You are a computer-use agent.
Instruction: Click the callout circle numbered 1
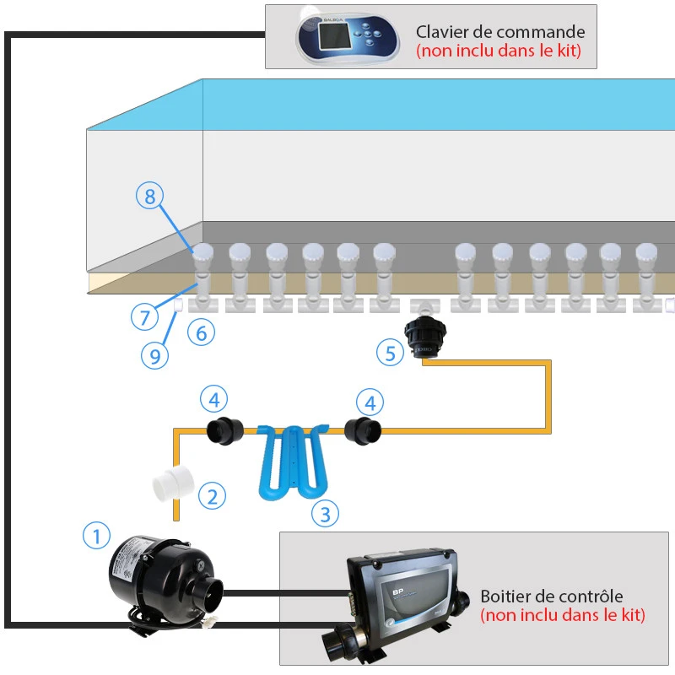click(x=97, y=535)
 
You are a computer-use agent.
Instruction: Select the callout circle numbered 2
click(x=212, y=496)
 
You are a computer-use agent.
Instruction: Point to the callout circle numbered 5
click(x=390, y=352)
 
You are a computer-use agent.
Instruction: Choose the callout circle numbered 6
click(x=201, y=332)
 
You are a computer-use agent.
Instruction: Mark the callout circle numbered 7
click(x=144, y=317)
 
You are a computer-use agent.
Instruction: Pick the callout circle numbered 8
click(x=149, y=197)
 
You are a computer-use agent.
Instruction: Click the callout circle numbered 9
click(x=154, y=355)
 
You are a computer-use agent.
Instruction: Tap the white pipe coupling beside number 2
click(x=174, y=487)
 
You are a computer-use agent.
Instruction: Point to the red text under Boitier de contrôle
click(x=563, y=616)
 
